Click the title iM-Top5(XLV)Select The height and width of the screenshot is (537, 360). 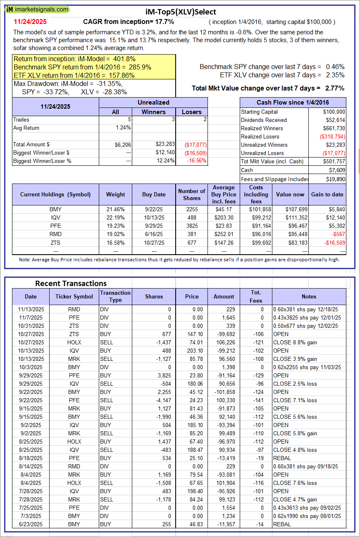point(181,12)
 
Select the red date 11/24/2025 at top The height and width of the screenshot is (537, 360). point(29,21)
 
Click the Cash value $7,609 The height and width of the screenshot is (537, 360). point(337,170)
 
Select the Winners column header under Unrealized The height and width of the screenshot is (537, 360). point(153,112)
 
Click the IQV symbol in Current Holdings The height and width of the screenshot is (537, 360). point(55,217)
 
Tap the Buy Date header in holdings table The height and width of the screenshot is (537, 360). point(154,194)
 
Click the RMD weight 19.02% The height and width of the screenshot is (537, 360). point(115,234)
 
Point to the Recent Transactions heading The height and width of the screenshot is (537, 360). point(71,283)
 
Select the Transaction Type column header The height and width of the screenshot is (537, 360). point(115,296)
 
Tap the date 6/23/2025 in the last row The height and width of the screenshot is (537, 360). point(30,524)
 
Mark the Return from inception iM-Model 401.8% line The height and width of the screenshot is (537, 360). point(74,59)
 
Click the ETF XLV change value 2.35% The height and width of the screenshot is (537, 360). point(335,75)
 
